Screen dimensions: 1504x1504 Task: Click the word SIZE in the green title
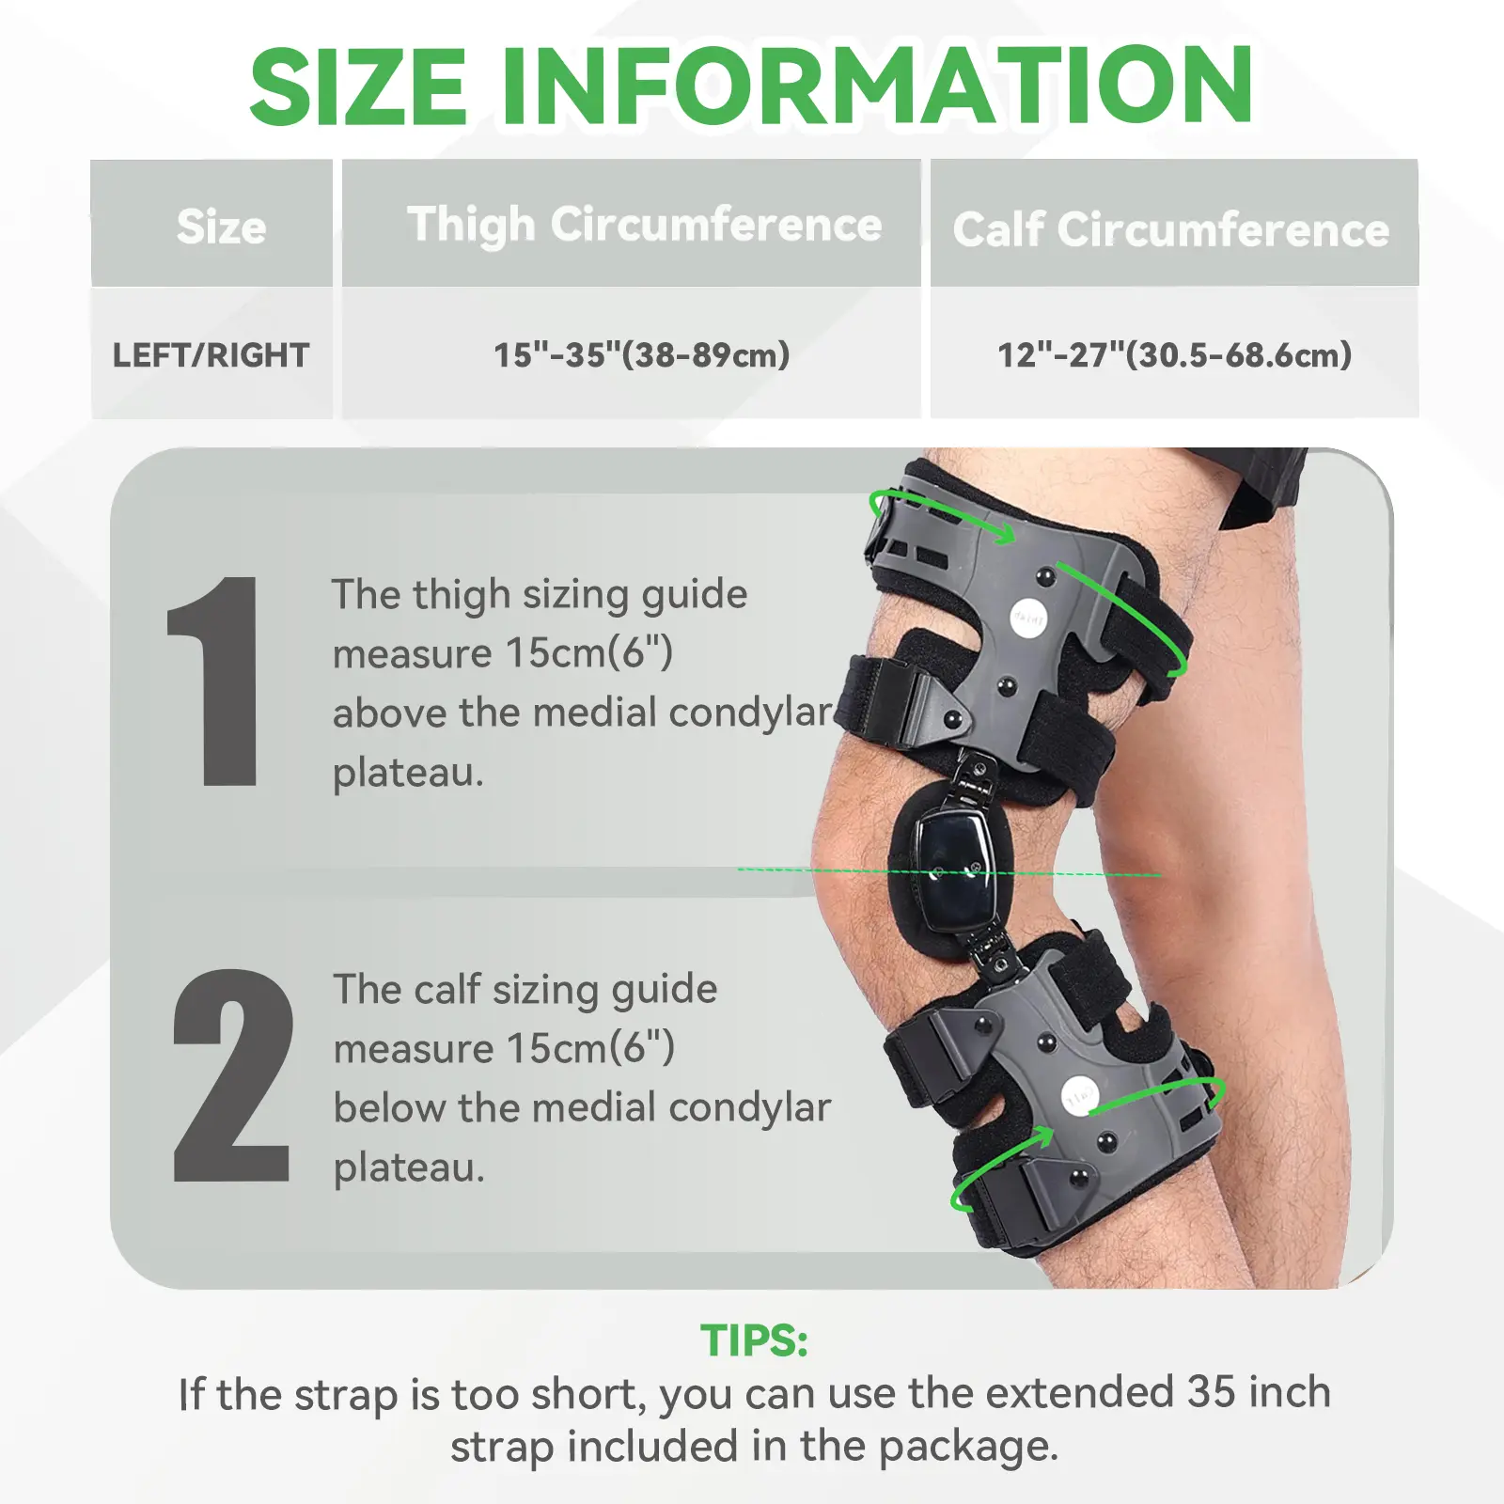pyautogui.click(x=358, y=86)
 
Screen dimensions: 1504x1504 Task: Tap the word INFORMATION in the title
pyautogui.click(x=877, y=86)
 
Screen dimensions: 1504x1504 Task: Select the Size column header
pyautogui.click(x=222, y=227)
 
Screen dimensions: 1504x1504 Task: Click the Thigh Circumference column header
pyautogui.click(x=645, y=227)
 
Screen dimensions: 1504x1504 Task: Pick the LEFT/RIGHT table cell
pyautogui.click(x=211, y=355)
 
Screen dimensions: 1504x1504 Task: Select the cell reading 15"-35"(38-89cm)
pyautogui.click(x=642, y=355)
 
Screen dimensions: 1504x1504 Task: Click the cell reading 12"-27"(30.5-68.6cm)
pyautogui.click(x=1175, y=355)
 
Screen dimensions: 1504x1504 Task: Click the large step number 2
pyautogui.click(x=232, y=1075)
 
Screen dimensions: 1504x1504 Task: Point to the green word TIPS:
pyautogui.click(x=754, y=1340)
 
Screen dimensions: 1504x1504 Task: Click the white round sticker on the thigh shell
pyautogui.click(x=1028, y=618)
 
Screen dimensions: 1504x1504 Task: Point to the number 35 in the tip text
pyautogui.click(x=1211, y=1392)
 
